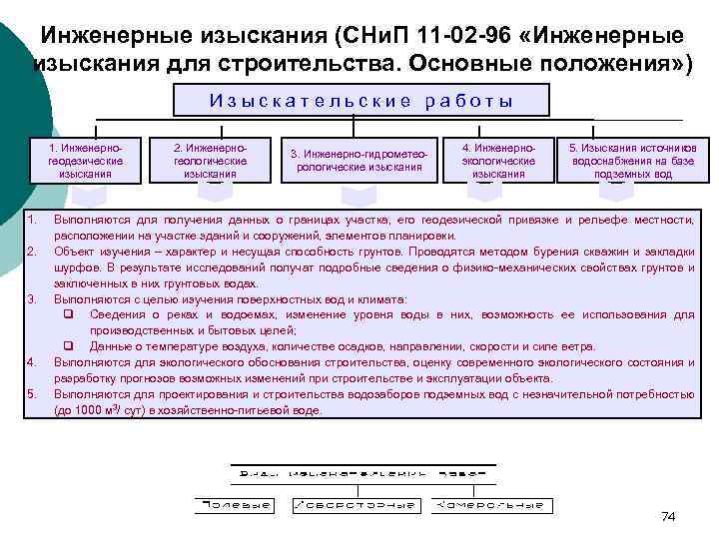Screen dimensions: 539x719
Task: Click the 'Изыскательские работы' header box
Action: pyautogui.click(x=360, y=100)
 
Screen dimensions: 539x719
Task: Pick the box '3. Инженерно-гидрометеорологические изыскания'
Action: pyautogui.click(x=363, y=160)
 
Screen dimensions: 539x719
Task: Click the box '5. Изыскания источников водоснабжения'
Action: pyautogui.click(x=633, y=159)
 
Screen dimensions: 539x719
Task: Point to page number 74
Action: pyautogui.click(x=668, y=516)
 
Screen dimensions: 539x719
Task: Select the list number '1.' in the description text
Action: pyautogui.click(x=32, y=219)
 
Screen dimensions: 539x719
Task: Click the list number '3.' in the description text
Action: pyautogui.click(x=32, y=298)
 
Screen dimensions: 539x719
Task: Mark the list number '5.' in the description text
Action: pyautogui.click(x=32, y=393)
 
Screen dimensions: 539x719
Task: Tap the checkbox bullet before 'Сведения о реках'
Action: pyautogui.click(x=68, y=314)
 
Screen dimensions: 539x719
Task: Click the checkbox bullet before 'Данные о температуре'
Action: pyautogui.click(x=68, y=346)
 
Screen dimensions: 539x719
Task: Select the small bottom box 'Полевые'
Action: pyautogui.click(x=235, y=506)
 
